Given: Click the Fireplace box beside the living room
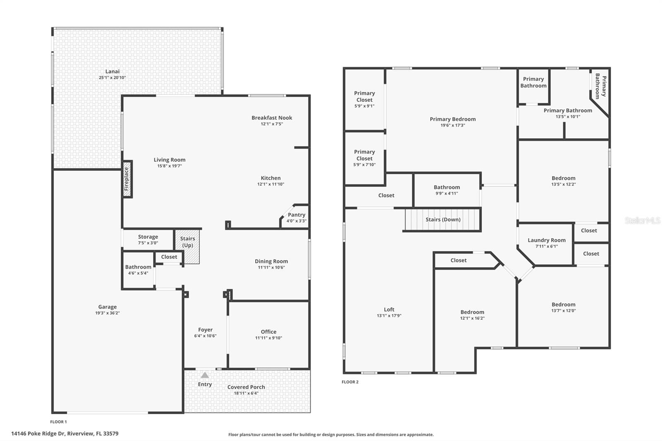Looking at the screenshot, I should pyautogui.click(x=127, y=179).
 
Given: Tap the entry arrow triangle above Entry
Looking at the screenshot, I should pyautogui.click(x=205, y=375).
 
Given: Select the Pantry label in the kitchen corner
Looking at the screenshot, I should pyautogui.click(x=296, y=215).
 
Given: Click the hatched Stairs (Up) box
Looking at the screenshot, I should pyautogui.click(x=188, y=247).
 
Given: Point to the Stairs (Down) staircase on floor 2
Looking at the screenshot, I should pyautogui.click(x=442, y=220).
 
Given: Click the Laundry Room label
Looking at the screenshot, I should pyautogui.click(x=546, y=240).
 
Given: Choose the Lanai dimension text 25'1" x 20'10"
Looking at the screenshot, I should pyautogui.click(x=112, y=78).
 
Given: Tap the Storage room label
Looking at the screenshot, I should pyautogui.click(x=148, y=237).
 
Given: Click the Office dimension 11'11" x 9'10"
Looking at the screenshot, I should pyautogui.click(x=269, y=338).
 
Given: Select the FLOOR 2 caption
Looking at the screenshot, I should pyautogui.click(x=350, y=382).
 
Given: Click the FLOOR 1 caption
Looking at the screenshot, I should pyautogui.click(x=58, y=422).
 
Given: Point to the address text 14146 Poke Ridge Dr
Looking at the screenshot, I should pyautogui.click(x=65, y=434).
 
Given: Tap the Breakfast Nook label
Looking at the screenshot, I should pyautogui.click(x=271, y=118).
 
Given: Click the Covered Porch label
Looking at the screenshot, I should pyautogui.click(x=246, y=387).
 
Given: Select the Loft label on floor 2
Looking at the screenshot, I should pyautogui.click(x=389, y=309).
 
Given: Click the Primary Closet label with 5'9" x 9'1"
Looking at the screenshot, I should pyautogui.click(x=364, y=96).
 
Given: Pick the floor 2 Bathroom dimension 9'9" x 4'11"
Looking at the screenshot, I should pyautogui.click(x=446, y=193).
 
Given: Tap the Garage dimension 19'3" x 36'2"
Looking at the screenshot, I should pyautogui.click(x=107, y=313).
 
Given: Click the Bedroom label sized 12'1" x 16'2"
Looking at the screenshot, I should pyautogui.click(x=472, y=312).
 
